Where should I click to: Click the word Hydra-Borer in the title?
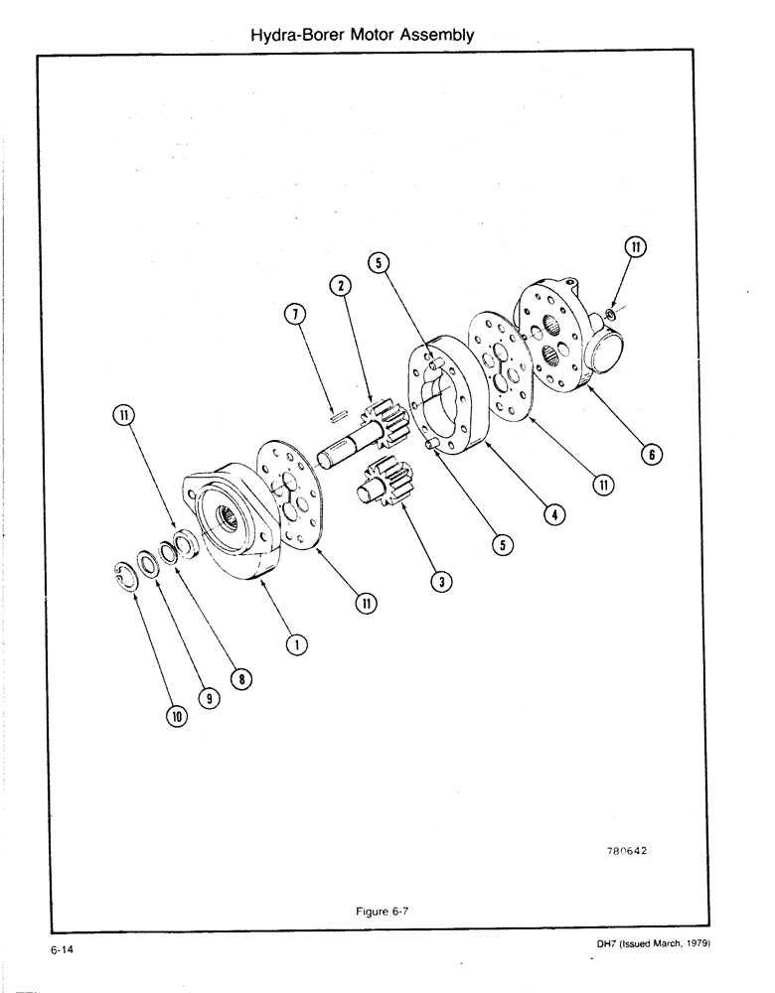294,35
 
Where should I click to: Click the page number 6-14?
65,950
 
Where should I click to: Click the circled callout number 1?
295,645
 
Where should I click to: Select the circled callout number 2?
341,286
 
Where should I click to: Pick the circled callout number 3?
436,581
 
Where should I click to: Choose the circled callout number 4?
553,514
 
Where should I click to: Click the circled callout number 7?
294,315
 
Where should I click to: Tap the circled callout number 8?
237,679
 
